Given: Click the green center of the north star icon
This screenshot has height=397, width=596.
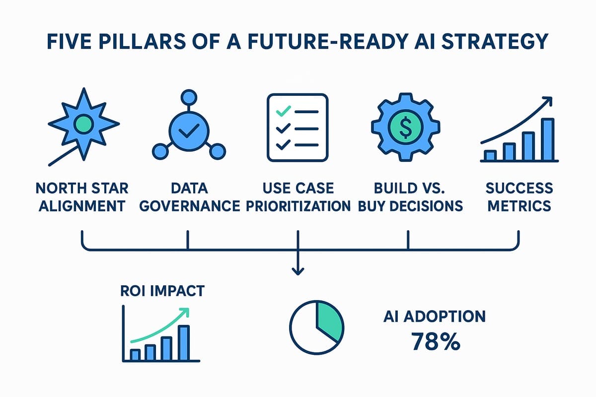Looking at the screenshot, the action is click(84, 124).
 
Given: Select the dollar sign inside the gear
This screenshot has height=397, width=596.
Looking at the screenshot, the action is click(405, 127).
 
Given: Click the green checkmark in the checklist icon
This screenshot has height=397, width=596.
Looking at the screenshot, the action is click(284, 111).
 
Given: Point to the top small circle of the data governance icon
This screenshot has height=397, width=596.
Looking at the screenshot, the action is click(189, 97).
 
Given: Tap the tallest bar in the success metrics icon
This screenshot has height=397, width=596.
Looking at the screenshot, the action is click(548, 139).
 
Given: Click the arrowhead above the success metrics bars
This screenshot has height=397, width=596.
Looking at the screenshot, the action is click(548, 101).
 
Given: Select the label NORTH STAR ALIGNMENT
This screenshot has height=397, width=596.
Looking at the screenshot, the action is click(82, 197).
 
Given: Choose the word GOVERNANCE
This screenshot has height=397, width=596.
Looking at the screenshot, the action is click(190, 206).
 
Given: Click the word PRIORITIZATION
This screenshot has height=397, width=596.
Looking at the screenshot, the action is click(298, 206).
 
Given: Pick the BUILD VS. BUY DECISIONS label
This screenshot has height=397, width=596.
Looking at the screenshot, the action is click(410, 197).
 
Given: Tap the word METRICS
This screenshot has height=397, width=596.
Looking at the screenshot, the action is click(519, 206).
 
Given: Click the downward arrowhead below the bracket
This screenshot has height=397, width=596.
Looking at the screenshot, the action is click(298, 271).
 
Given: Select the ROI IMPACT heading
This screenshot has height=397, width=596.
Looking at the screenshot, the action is click(162, 291).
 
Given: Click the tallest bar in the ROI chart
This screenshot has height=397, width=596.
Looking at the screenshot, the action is click(184, 342).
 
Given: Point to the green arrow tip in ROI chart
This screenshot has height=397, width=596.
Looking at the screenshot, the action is click(185, 312).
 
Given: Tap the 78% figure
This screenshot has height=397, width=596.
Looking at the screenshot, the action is click(436, 341).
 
